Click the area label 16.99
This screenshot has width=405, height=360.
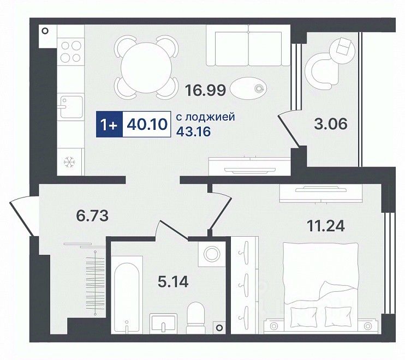(x=206, y=89)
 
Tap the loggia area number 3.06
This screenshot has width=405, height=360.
(x=331, y=124)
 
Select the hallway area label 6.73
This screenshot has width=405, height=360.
(x=92, y=215)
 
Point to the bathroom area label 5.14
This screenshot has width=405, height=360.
(x=173, y=282)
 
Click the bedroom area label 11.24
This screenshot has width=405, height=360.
(x=325, y=226)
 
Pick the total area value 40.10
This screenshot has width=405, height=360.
(x=147, y=124)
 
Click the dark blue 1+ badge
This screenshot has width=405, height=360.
(x=109, y=124)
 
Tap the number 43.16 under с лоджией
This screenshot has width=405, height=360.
(x=193, y=131)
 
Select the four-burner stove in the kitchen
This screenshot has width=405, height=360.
(x=71, y=51)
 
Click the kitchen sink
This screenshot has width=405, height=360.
(x=70, y=106)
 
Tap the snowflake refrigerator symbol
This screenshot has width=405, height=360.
(x=69, y=162)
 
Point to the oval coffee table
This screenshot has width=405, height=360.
(x=248, y=88)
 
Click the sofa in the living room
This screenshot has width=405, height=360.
(x=248, y=46)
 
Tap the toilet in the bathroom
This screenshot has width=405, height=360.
(x=195, y=317)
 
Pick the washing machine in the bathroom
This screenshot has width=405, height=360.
(x=212, y=254)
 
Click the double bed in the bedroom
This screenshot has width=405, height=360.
(x=320, y=286)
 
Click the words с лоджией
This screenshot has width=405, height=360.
(x=206, y=117)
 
